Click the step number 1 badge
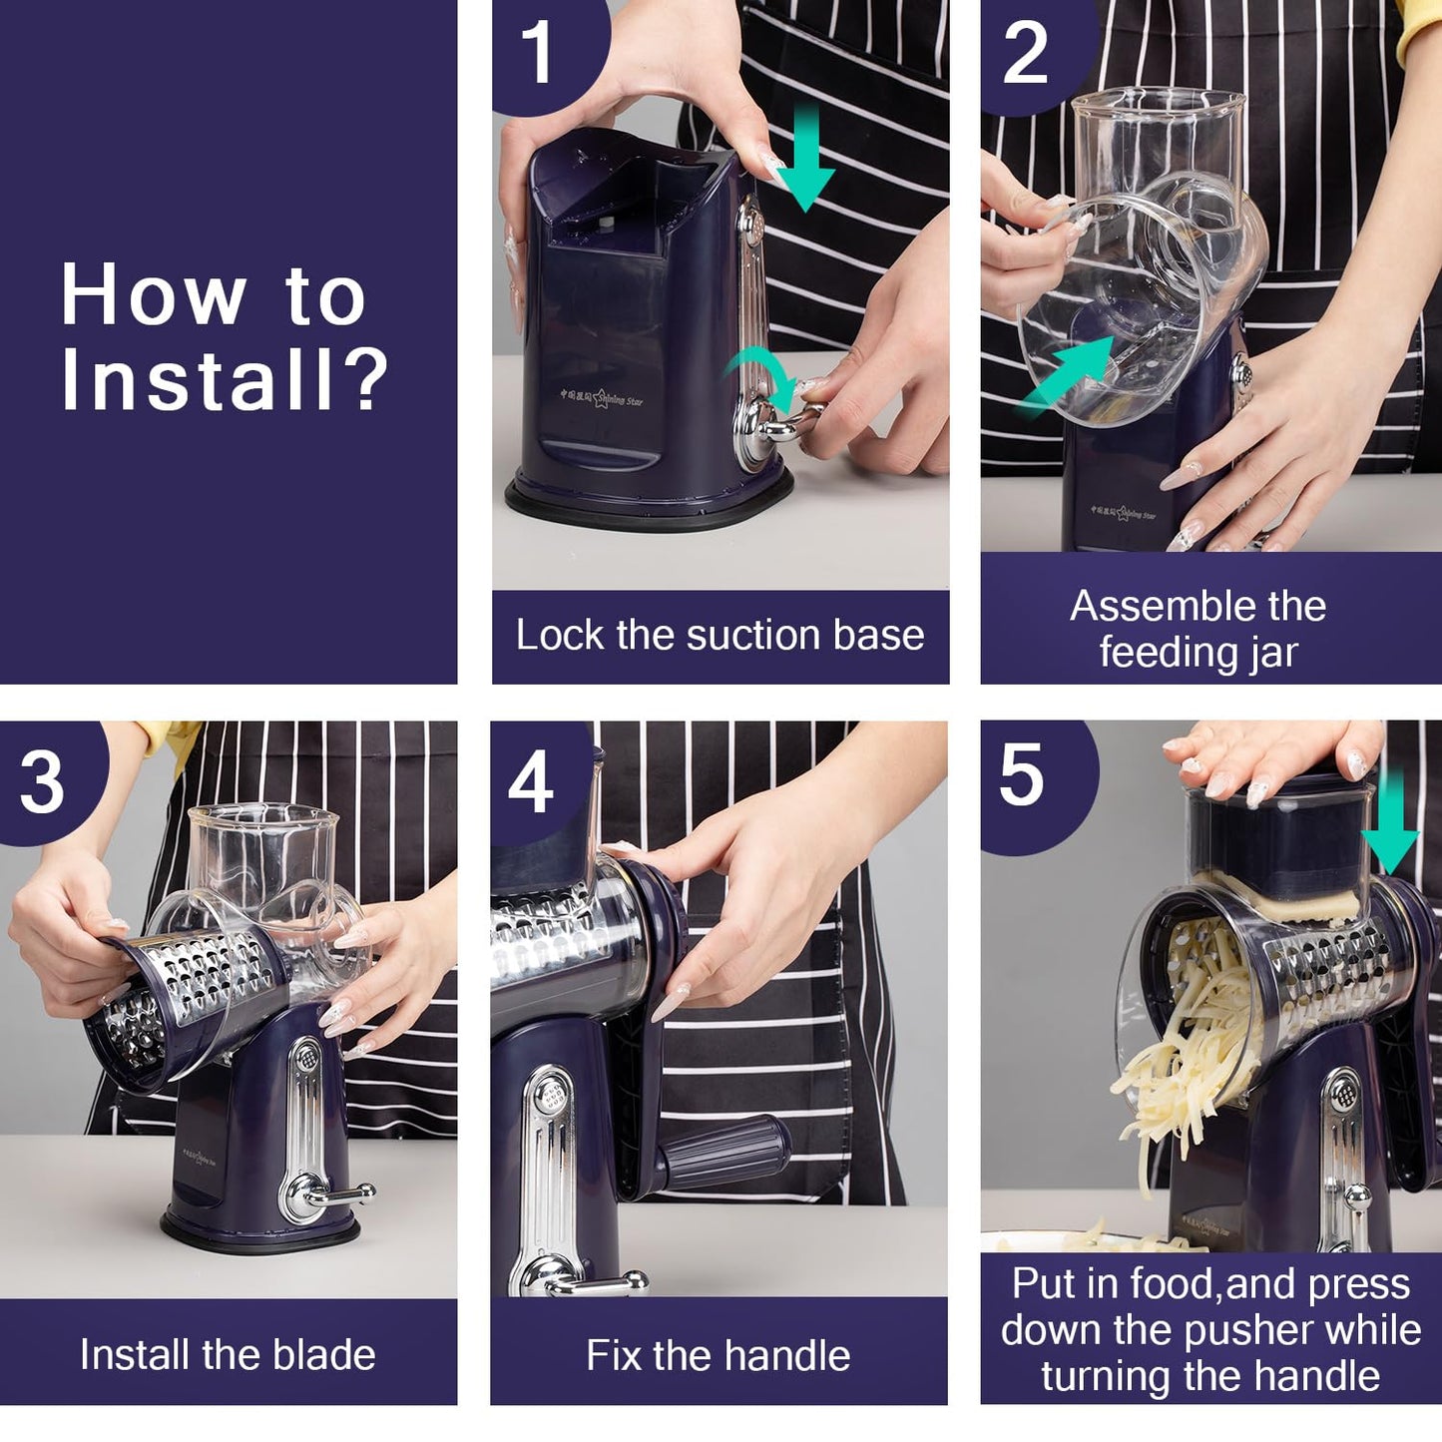tap(538, 52)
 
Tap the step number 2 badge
tap(1025, 53)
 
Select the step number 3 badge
tap(42, 781)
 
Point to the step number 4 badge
tap(531, 781)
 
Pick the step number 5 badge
tap(1021, 775)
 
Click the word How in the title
tap(153, 295)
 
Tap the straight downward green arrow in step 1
tap(804, 160)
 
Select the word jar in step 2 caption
tap(1272, 653)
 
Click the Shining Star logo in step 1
tap(603, 398)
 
